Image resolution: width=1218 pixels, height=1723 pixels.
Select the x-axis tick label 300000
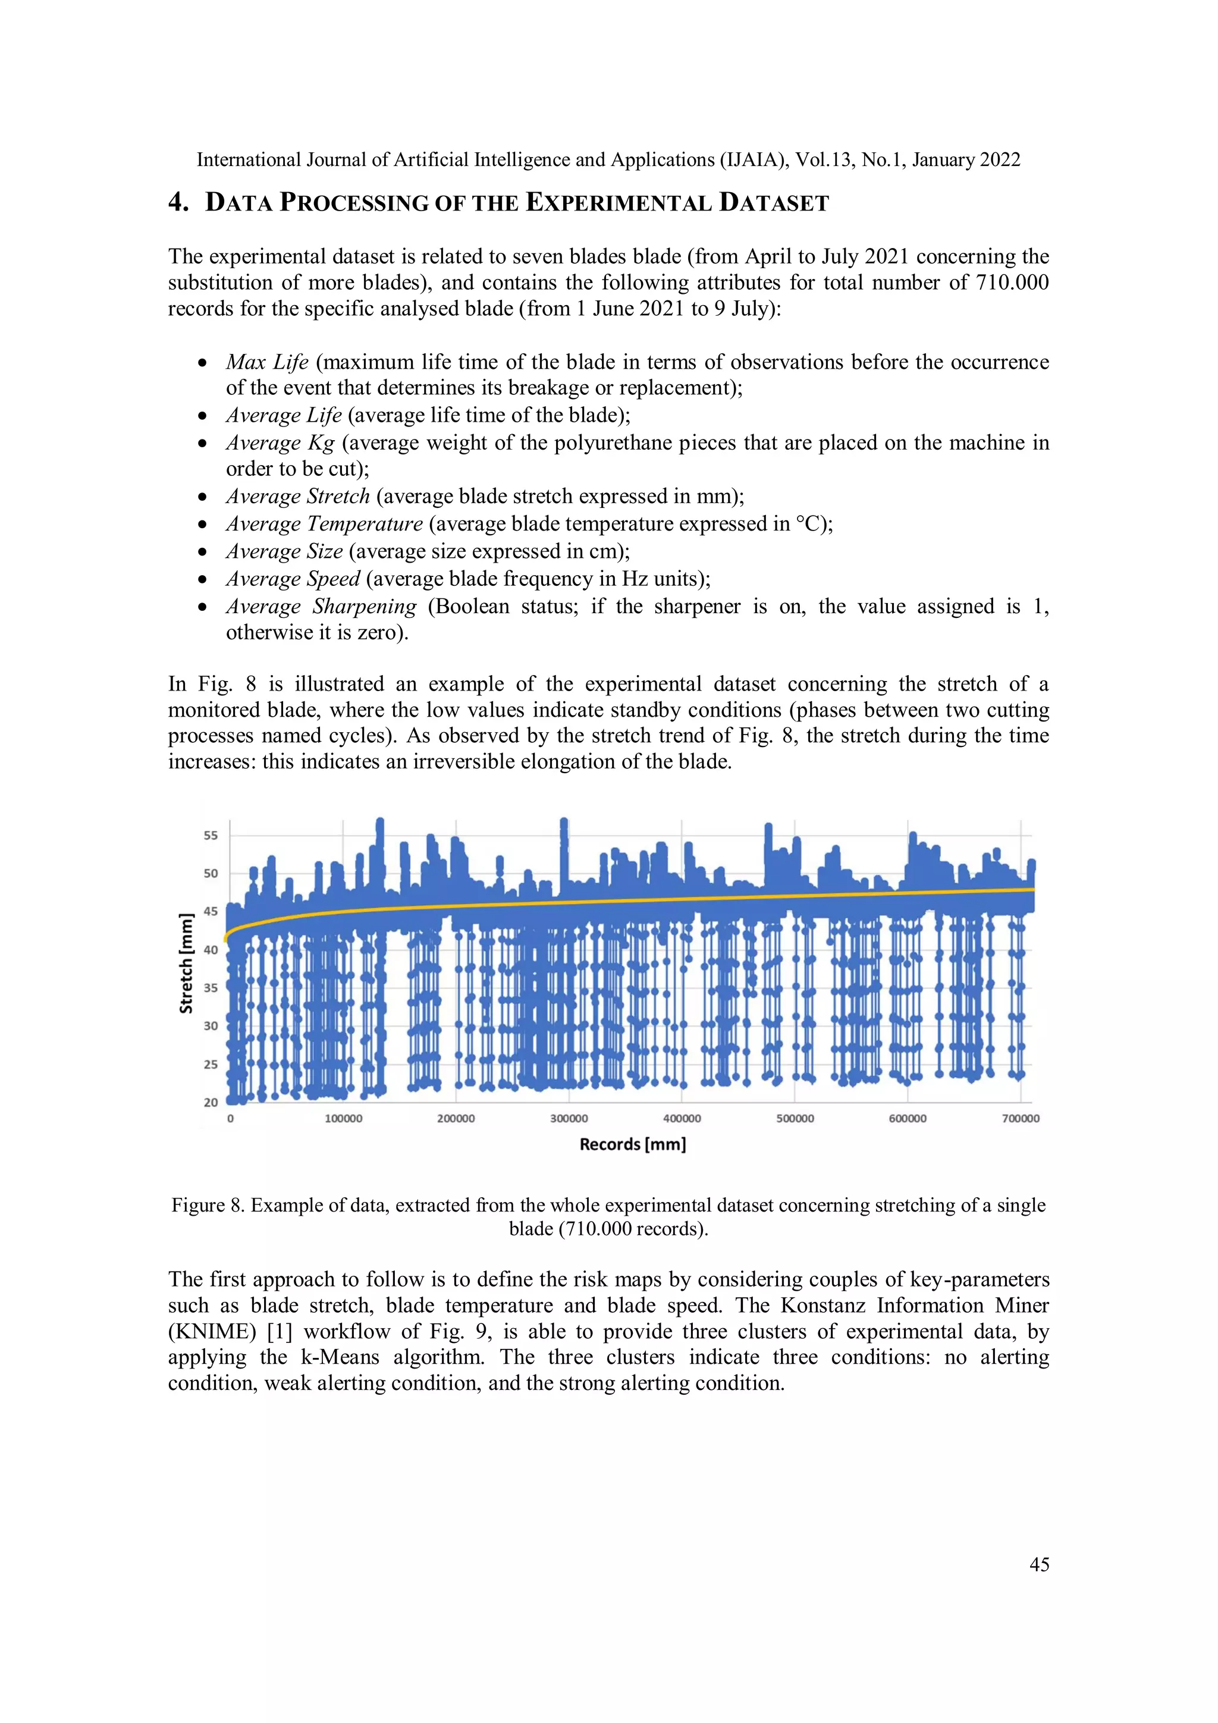pyautogui.click(x=569, y=1119)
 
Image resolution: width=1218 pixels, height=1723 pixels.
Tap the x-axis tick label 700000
pyautogui.click(x=1021, y=1119)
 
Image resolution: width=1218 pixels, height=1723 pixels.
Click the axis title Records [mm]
pyautogui.click(x=633, y=1144)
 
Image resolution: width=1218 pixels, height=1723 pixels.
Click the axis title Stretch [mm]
pyautogui.click(x=186, y=963)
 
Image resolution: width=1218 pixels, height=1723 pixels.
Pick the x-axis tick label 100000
pyautogui.click(x=343, y=1119)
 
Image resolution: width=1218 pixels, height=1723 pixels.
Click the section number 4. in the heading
pyautogui.click(x=178, y=203)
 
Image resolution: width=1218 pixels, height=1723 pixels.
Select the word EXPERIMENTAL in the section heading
pyautogui.click(x=619, y=203)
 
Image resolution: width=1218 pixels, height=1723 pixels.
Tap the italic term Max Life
pyautogui.click(x=267, y=362)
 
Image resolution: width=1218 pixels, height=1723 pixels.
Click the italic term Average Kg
pyautogui.click(x=280, y=442)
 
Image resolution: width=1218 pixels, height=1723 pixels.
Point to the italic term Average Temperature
pyautogui.click(x=324, y=524)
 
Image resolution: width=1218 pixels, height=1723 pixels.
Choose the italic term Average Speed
pyautogui.click(x=293, y=579)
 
